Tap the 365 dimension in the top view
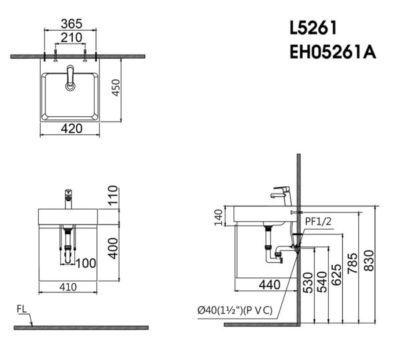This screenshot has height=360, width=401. (70, 23)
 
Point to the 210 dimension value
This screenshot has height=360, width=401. (70, 36)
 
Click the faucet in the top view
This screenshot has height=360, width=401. (70, 78)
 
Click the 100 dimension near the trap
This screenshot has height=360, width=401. (86, 262)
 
